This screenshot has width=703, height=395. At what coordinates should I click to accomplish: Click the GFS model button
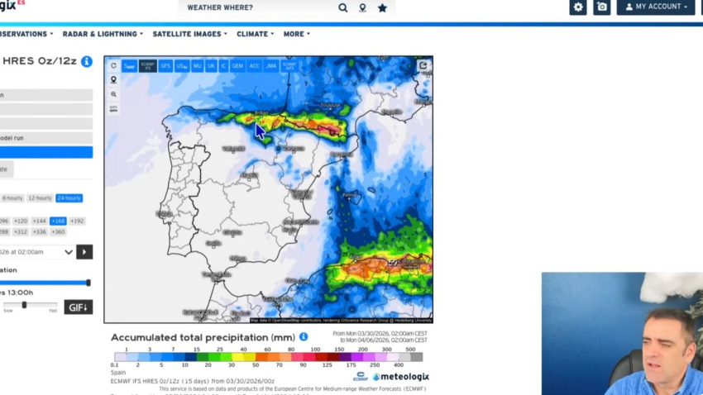(165, 65)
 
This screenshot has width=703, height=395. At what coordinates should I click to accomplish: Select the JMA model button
(271, 65)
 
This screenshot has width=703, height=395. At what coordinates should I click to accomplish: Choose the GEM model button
(237, 65)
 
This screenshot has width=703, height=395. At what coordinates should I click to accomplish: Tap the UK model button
(211, 65)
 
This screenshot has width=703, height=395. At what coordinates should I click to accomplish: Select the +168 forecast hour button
(58, 221)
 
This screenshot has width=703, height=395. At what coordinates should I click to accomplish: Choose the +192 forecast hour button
(77, 221)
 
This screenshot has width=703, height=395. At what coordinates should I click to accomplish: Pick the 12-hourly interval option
(40, 198)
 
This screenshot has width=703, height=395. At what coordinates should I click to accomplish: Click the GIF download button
(79, 307)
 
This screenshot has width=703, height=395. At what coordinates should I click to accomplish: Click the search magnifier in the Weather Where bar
(343, 8)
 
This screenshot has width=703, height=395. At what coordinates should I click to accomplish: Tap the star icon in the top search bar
(382, 8)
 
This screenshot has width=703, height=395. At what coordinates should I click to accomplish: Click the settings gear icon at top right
(578, 7)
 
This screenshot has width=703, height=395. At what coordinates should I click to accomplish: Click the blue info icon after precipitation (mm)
(304, 337)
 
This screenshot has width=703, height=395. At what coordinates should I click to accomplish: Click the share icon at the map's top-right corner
(423, 65)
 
